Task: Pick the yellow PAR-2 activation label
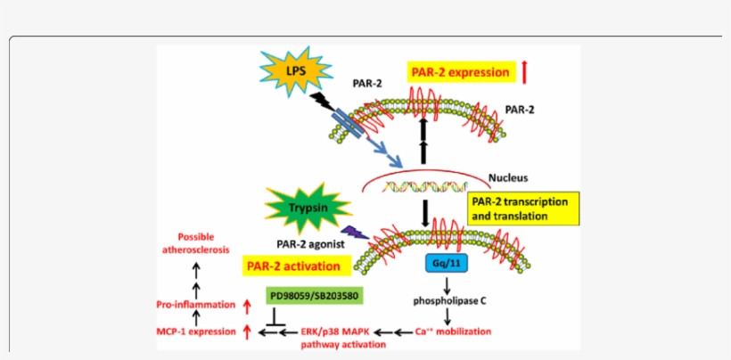292,266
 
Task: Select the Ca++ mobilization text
453,331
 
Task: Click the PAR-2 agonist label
301,241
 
